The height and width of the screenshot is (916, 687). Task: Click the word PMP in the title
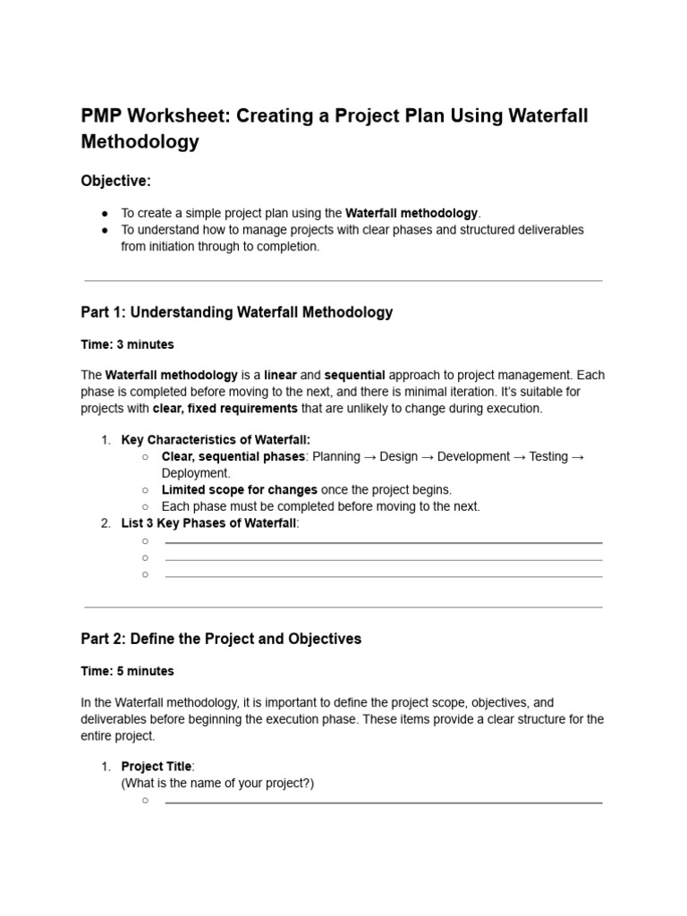[101, 116]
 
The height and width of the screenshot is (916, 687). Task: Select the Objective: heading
[115, 181]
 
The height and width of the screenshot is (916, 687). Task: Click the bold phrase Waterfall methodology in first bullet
[411, 213]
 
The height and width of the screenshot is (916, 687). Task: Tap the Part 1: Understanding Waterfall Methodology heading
[236, 312]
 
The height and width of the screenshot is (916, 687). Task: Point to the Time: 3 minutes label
[127, 344]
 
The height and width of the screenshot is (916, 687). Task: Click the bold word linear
[280, 375]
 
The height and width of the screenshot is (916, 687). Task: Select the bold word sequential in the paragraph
[354, 375]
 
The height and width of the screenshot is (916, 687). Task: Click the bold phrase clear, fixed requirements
[225, 408]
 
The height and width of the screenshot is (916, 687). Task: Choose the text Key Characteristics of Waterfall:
[216, 440]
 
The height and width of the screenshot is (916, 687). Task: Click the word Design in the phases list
[399, 456]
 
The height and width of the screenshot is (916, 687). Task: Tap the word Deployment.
[195, 473]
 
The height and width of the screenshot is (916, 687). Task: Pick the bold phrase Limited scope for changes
[239, 489]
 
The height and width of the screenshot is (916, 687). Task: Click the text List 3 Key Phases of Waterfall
[208, 523]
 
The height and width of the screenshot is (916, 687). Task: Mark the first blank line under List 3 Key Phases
[383, 541]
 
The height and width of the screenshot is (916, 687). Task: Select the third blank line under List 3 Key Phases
[383, 575]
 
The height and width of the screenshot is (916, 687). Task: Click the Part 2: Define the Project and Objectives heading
[221, 639]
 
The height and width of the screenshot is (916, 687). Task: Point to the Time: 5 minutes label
[127, 671]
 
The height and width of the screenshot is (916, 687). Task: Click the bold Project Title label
[157, 767]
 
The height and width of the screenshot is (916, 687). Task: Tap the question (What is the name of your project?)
[217, 783]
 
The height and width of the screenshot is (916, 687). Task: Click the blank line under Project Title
[383, 801]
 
